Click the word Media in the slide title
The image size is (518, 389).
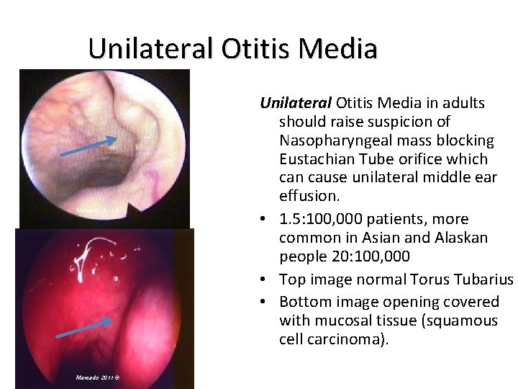click(337, 49)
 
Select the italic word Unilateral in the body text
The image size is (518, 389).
click(296, 103)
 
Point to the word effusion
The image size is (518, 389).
click(309, 197)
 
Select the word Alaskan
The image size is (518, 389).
click(462, 238)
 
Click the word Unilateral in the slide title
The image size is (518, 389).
click(150, 49)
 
